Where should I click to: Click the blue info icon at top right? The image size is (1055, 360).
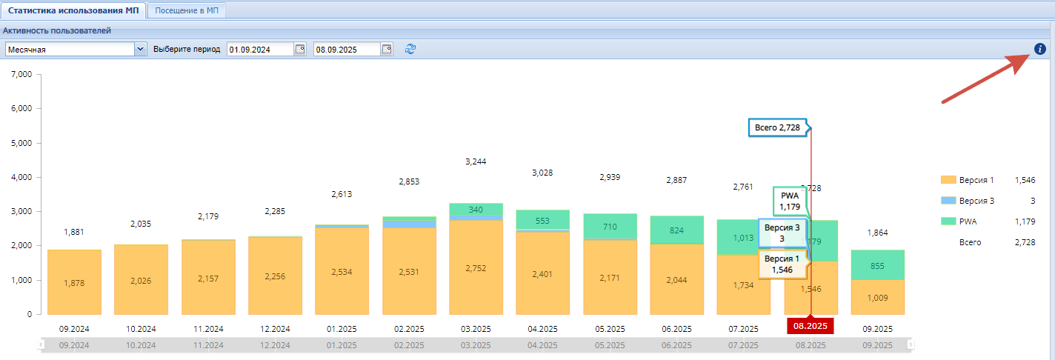(1040, 49)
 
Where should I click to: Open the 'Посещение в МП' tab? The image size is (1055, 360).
(187, 10)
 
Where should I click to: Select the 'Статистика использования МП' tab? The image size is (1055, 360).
(73, 10)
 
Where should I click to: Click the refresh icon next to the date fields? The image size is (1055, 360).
(410, 49)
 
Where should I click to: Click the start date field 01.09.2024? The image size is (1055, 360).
(261, 50)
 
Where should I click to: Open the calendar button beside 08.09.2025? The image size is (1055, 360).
(387, 49)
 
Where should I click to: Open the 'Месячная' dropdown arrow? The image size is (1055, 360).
(140, 49)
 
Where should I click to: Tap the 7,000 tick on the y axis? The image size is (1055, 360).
(21, 74)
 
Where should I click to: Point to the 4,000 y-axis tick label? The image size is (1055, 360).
(21, 177)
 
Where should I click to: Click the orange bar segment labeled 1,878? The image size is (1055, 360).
(74, 282)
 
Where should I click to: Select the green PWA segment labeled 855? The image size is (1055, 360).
(877, 265)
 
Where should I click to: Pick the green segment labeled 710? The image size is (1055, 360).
(610, 227)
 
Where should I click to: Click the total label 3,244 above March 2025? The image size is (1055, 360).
(476, 161)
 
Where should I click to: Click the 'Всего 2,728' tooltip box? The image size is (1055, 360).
(778, 127)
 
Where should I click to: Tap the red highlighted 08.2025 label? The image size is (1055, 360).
(810, 326)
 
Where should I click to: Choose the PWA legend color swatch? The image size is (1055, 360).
(948, 221)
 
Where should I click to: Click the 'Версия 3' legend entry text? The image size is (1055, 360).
(976, 201)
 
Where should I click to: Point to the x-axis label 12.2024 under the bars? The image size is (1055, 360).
(275, 329)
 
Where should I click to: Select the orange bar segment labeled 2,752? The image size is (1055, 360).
(476, 267)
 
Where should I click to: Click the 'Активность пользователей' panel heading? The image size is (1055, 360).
(57, 30)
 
